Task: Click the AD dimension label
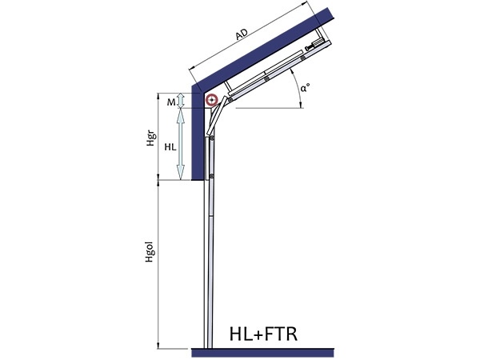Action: pyautogui.click(x=242, y=34)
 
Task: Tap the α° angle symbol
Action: pyautogui.click(x=305, y=89)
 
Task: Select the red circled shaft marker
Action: pyautogui.click(x=211, y=100)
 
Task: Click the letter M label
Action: pyautogui.click(x=171, y=102)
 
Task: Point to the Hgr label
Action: pyautogui.click(x=150, y=139)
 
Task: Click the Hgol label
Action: pyautogui.click(x=150, y=253)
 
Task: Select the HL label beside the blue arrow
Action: pyautogui.click(x=170, y=147)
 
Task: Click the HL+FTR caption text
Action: pyautogui.click(x=263, y=334)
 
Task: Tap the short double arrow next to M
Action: pyautogui.click(x=181, y=101)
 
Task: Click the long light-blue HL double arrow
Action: pyautogui.click(x=181, y=144)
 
